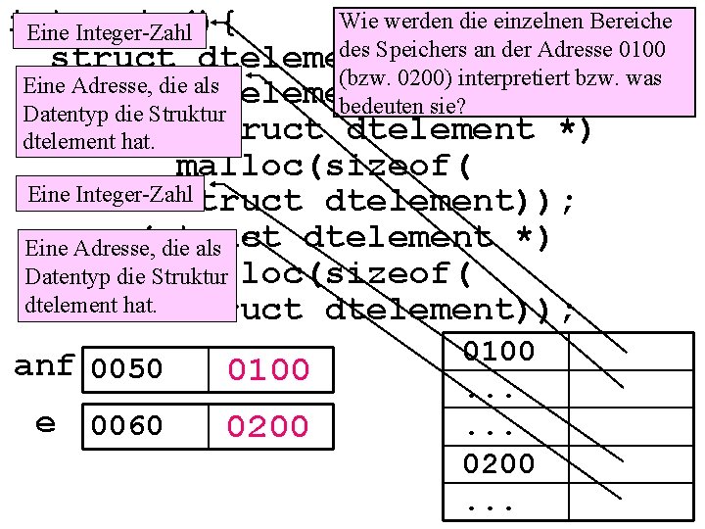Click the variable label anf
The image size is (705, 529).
43,366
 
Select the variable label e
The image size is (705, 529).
45,423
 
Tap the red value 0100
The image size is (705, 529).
268,370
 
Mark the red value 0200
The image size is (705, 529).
268,426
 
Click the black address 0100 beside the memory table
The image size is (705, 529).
499,351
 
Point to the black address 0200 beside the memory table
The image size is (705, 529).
499,462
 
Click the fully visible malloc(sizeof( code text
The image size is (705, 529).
325,166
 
